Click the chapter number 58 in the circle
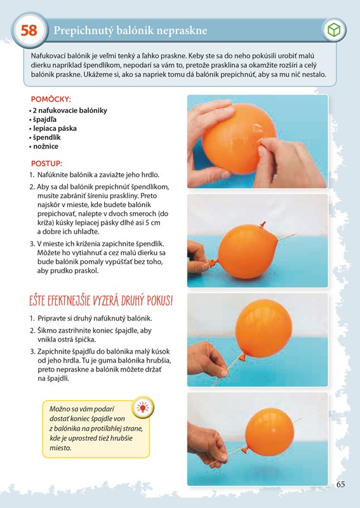(x=29, y=30)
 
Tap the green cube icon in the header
(x=334, y=30)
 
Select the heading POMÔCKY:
(x=51, y=99)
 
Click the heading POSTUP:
(x=46, y=163)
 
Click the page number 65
(x=340, y=485)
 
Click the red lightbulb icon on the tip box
(x=143, y=407)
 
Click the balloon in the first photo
(x=239, y=138)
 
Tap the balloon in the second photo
(x=248, y=252)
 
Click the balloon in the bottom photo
(x=270, y=432)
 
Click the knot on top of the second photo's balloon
(x=263, y=224)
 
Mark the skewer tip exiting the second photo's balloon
(x=295, y=234)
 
